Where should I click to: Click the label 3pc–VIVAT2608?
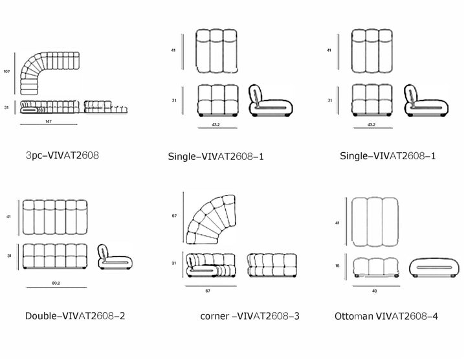(x=62, y=155)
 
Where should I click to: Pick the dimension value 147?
(x=49, y=122)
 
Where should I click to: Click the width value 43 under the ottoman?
(x=375, y=291)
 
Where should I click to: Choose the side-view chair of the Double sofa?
(x=109, y=256)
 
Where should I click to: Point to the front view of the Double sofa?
(x=54, y=256)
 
